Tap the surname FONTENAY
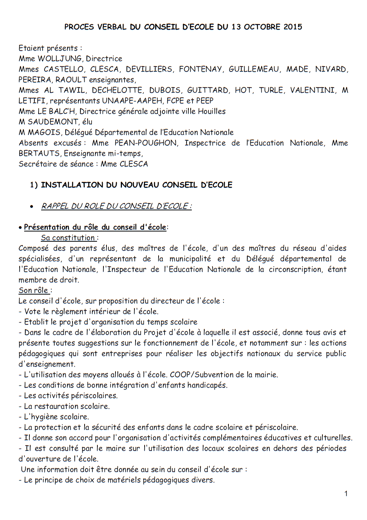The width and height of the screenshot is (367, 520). (200, 69)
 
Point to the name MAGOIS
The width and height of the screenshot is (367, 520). (44, 132)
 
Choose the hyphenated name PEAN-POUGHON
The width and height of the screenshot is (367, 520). (146, 143)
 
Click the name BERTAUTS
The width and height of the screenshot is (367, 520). (39, 153)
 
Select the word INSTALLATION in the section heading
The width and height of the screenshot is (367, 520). (72, 185)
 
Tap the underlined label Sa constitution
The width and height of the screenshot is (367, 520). (68, 238)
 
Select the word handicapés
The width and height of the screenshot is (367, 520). (207, 385)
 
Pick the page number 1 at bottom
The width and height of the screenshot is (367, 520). (346, 494)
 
